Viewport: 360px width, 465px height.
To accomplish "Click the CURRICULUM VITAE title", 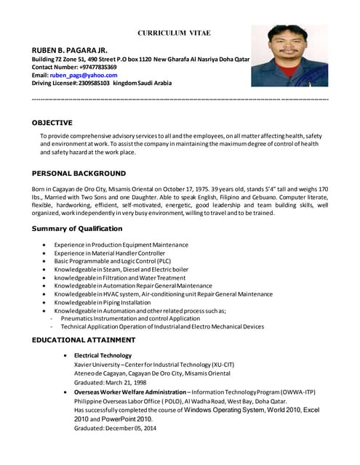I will tap(180, 33).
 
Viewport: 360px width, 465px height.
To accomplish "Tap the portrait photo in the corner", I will tap(289, 56).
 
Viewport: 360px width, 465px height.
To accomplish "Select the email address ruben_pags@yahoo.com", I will tap(83, 75).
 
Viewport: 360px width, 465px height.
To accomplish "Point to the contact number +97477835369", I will tap(95, 66).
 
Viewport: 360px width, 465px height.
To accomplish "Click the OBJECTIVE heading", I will tap(52, 123).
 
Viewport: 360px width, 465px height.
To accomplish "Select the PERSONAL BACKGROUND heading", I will tap(79, 174).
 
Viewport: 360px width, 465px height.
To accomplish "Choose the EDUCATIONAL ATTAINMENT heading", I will tap(84, 339).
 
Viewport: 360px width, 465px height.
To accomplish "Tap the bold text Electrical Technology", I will tap(103, 355).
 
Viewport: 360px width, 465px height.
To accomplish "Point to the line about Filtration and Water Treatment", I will tap(119, 278).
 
